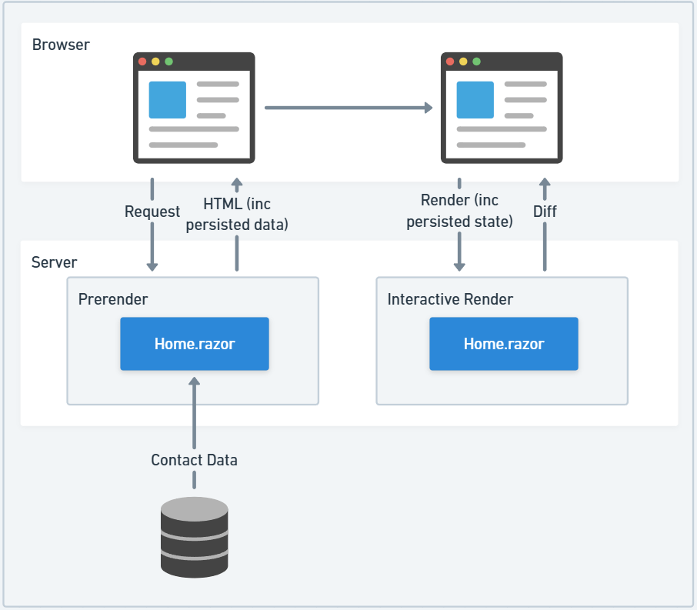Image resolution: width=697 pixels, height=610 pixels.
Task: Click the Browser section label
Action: pyautogui.click(x=61, y=45)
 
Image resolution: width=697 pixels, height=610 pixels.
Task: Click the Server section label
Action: pyautogui.click(x=54, y=262)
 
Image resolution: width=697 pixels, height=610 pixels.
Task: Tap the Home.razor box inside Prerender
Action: pyautogui.click(x=195, y=344)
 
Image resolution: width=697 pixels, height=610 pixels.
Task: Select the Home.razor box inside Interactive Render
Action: pyautogui.click(x=503, y=344)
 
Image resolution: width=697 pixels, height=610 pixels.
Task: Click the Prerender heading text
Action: pyautogui.click(x=113, y=298)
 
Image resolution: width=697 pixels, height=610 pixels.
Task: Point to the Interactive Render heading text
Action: pyautogui.click(x=450, y=298)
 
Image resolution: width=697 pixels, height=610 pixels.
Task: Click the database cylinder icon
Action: pyautogui.click(x=195, y=537)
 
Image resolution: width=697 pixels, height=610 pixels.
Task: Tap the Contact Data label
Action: pyautogui.click(x=194, y=460)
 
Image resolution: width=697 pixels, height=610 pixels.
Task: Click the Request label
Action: pyautogui.click(x=152, y=212)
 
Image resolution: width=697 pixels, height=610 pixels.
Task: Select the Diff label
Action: pyautogui.click(x=545, y=212)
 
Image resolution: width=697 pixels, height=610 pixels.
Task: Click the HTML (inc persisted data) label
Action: pyautogui.click(x=237, y=214)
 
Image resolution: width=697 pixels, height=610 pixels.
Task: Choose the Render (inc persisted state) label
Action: pyautogui.click(x=459, y=212)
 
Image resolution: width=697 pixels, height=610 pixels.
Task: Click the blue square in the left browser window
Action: pyautogui.click(x=168, y=100)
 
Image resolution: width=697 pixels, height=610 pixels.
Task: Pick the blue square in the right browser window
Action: pyautogui.click(x=475, y=100)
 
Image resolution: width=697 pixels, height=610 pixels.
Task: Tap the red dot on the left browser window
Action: pyautogui.click(x=142, y=62)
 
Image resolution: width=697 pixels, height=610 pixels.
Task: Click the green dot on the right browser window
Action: pyautogui.click(x=476, y=62)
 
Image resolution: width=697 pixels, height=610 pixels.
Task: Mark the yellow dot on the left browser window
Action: pyautogui.click(x=155, y=62)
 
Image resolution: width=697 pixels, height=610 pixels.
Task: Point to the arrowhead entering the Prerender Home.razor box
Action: pyautogui.click(x=194, y=382)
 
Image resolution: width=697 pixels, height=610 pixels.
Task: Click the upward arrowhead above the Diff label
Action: pyautogui.click(x=545, y=184)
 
